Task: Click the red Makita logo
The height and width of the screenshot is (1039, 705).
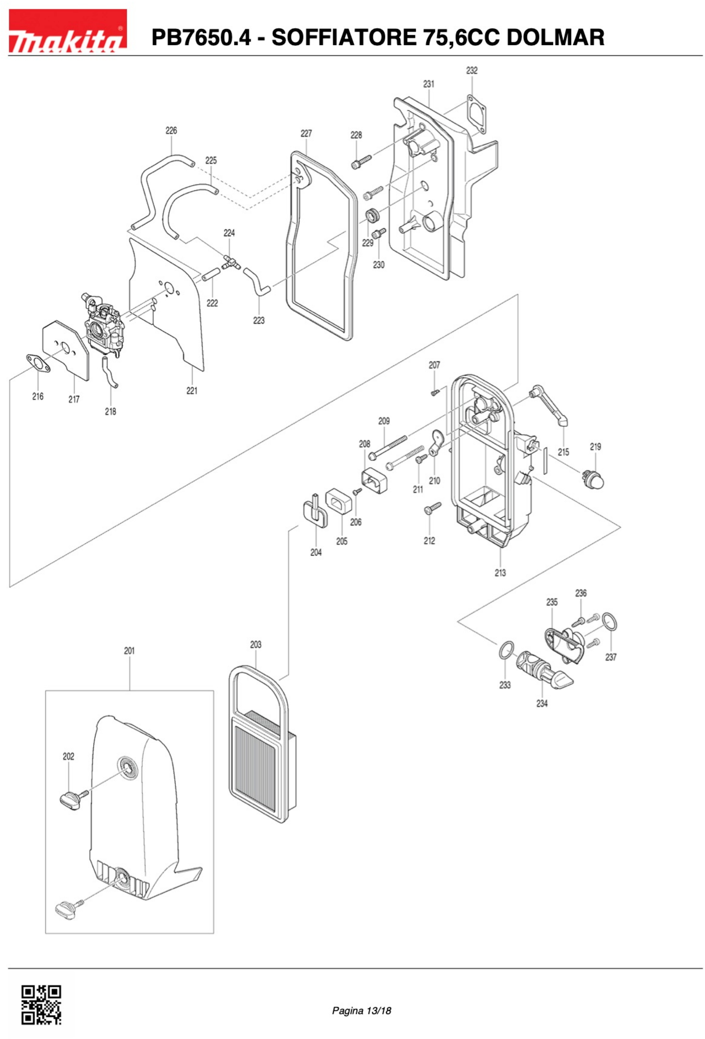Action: [x=68, y=31]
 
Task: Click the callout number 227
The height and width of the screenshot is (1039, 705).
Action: [x=306, y=133]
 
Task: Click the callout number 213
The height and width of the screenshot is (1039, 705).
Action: [x=500, y=573]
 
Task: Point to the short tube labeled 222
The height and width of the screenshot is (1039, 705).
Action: [x=211, y=274]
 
